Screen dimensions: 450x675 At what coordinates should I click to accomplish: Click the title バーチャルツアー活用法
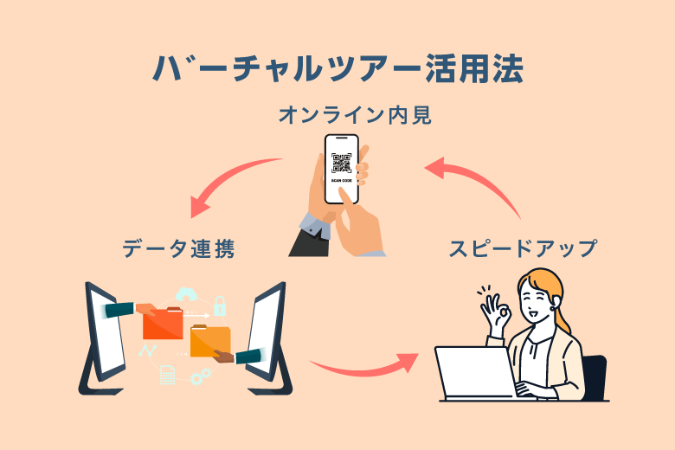point(337,69)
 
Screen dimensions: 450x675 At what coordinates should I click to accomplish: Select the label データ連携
point(178,249)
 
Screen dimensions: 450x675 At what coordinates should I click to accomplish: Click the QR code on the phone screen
point(341,161)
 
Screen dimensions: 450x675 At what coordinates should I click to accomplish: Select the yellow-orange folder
point(209,340)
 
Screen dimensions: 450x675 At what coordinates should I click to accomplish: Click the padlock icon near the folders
point(220,305)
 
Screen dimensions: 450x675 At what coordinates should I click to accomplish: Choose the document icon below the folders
point(167,374)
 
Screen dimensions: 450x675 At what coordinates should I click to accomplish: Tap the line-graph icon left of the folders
point(146,351)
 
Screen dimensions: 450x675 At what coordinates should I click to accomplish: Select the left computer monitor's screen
point(102,333)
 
